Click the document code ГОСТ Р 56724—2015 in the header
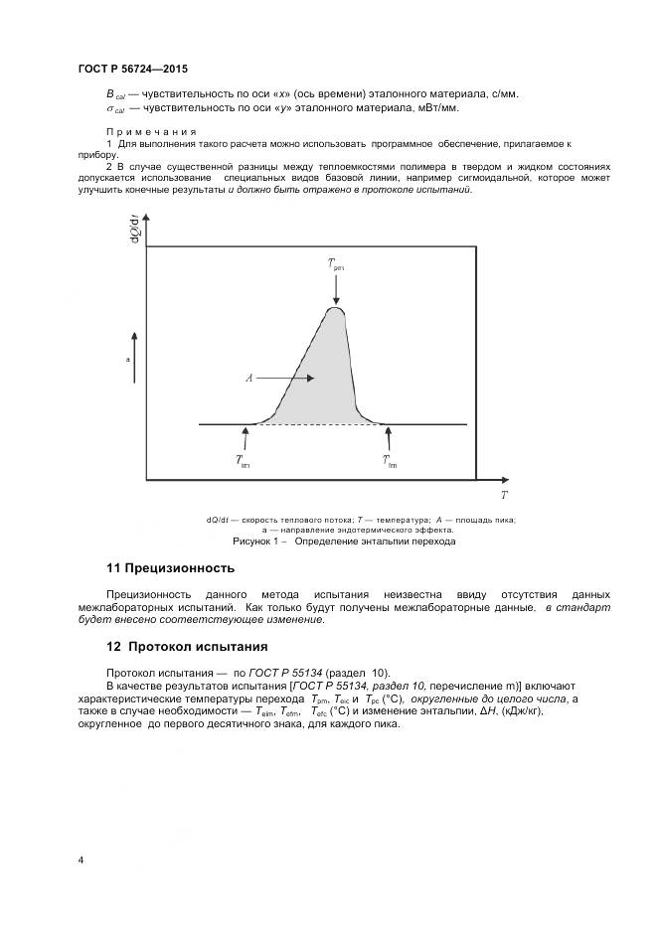pos(132,69)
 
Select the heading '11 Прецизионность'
pos(170,568)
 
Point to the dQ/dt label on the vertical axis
pos(133,227)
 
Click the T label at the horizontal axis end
pos(504,494)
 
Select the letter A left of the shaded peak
pos(248,379)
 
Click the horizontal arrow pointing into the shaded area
pos(295,379)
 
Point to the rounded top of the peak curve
pos(336,310)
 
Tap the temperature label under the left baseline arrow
pos(244,460)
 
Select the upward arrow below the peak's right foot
pos(389,437)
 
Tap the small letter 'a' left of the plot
pos(127,361)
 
